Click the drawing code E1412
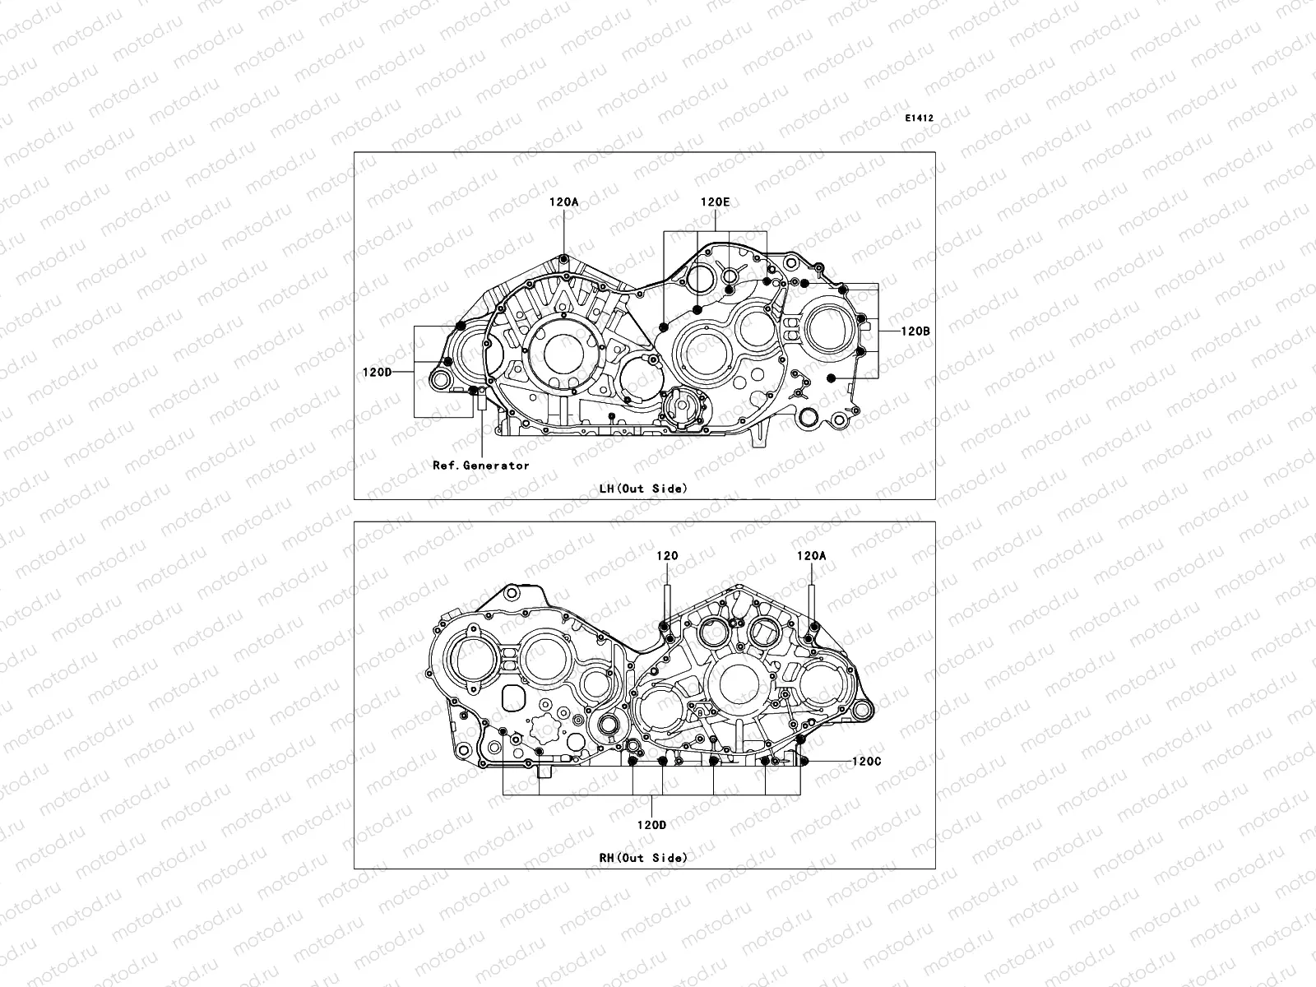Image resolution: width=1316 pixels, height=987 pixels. (x=920, y=118)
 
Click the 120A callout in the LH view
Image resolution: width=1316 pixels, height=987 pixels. (x=564, y=201)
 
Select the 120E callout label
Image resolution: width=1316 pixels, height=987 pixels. (x=715, y=201)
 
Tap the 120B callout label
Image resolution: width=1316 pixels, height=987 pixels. (x=915, y=331)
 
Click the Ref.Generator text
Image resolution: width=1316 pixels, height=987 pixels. (x=481, y=466)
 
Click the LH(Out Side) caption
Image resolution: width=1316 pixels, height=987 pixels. (x=643, y=489)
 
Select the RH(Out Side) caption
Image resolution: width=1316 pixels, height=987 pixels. (x=643, y=858)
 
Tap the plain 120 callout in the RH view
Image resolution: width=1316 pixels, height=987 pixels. (x=667, y=556)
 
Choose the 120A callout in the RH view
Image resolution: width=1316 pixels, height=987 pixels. (x=811, y=556)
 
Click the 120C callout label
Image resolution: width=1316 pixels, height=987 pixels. (x=866, y=762)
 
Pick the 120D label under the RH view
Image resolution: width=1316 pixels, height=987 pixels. (x=651, y=825)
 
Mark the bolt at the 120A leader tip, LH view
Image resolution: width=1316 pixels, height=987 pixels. (x=564, y=261)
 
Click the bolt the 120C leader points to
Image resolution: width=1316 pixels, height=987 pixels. (x=805, y=761)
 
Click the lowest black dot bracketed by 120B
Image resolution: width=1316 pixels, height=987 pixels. (x=832, y=378)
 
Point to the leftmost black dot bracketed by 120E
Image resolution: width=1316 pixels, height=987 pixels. (x=664, y=327)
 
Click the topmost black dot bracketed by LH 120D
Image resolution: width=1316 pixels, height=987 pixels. (x=461, y=326)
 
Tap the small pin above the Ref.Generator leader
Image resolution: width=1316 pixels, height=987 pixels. (x=475, y=392)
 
